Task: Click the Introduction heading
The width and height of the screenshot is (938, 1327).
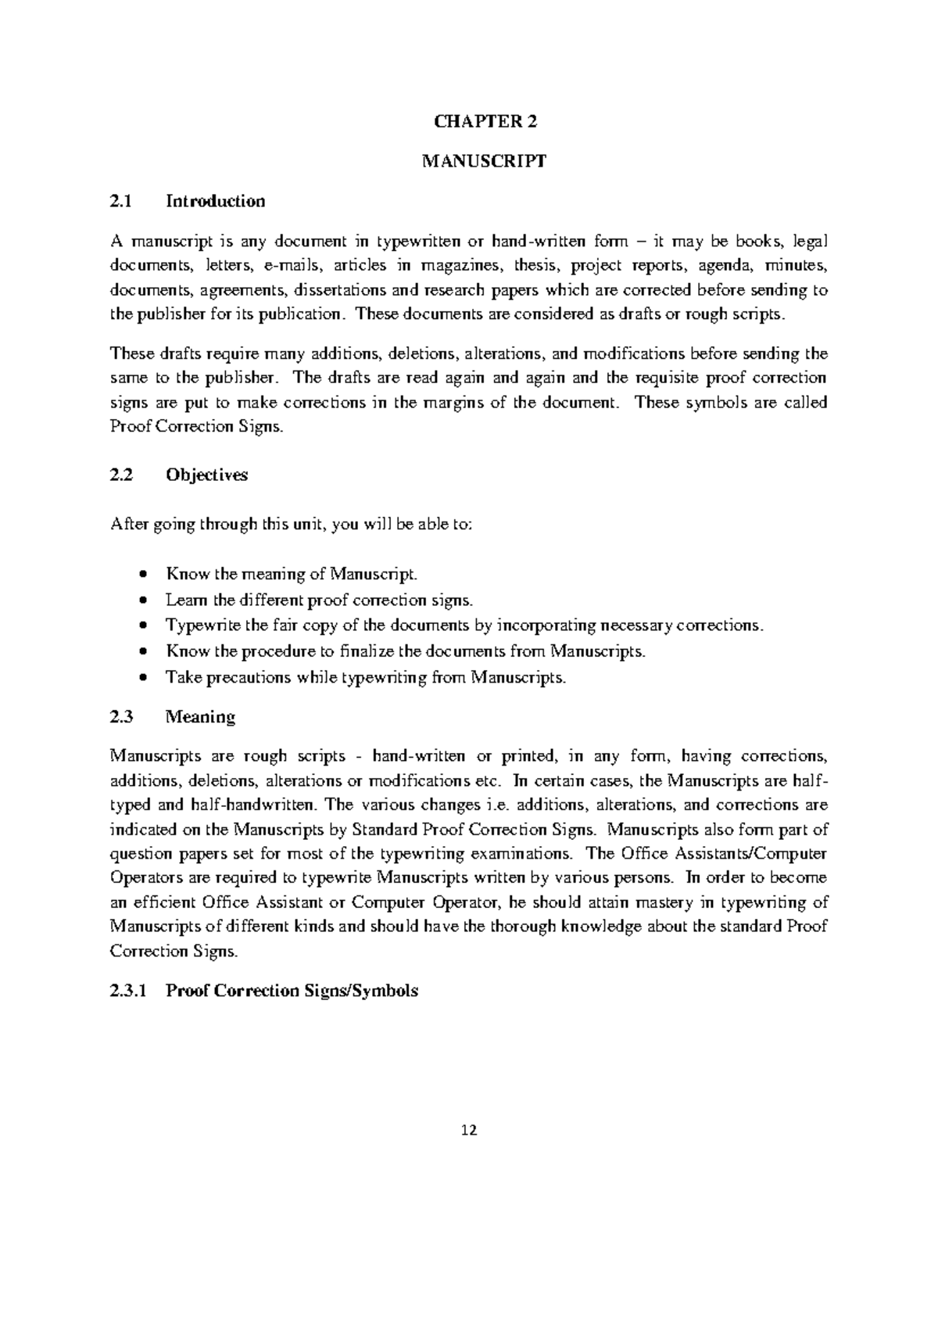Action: point(216,202)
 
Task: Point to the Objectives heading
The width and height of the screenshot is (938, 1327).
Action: point(207,475)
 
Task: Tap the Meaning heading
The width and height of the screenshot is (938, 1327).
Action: point(201,717)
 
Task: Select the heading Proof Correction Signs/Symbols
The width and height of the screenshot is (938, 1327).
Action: point(292,992)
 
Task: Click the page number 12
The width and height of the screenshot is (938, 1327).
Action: point(469,1130)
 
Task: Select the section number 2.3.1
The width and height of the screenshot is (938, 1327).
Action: point(128,992)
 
